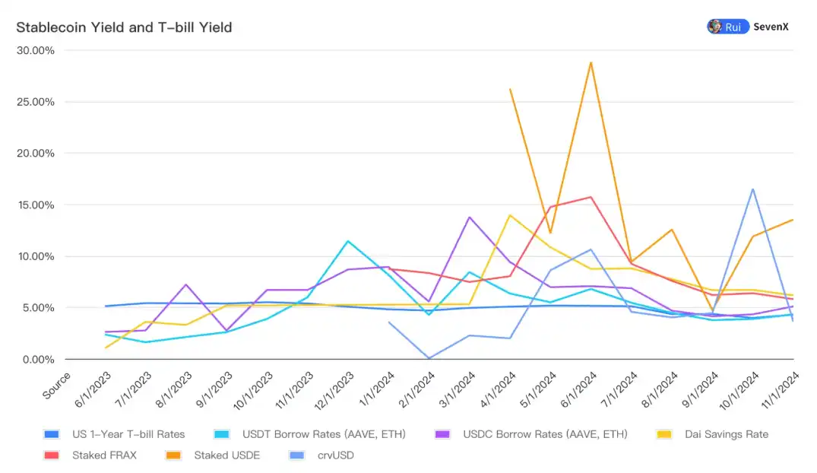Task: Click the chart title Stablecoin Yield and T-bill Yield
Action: click(x=124, y=28)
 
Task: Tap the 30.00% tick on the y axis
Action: click(x=36, y=50)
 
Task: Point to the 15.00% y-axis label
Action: click(x=36, y=205)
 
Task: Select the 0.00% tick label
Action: click(x=39, y=359)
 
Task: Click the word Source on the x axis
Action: click(x=56, y=386)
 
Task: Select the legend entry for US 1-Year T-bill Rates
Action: click(x=128, y=434)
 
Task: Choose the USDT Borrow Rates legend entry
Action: click(x=323, y=434)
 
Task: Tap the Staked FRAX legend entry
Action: click(x=104, y=456)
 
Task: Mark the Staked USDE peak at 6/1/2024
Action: click(x=591, y=62)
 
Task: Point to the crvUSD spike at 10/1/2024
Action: click(x=752, y=189)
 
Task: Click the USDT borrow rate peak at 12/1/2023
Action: click(x=348, y=241)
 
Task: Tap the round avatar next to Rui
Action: click(x=715, y=27)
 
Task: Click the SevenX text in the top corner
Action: click(x=771, y=27)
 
